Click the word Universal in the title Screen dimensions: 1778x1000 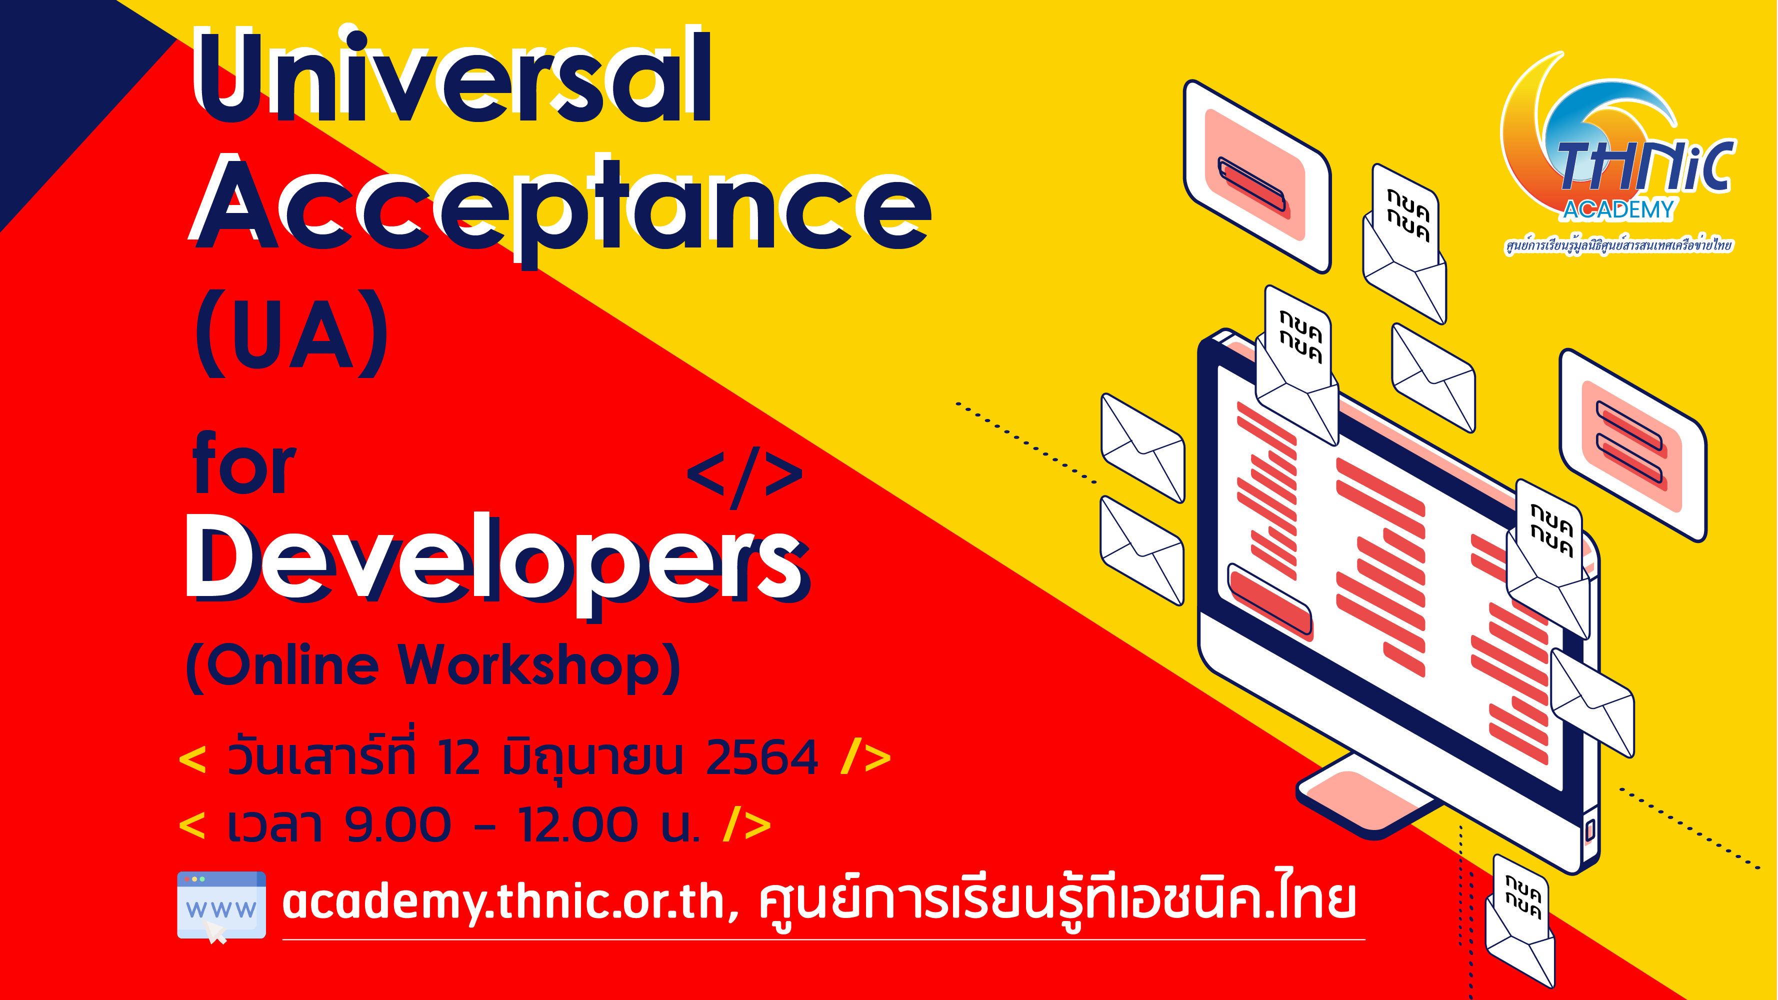tap(452, 76)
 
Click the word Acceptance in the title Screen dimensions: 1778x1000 tap(560, 207)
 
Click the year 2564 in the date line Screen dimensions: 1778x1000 tap(762, 757)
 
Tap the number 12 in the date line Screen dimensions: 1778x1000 tap(458, 757)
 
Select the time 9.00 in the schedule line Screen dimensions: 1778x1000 tap(398, 824)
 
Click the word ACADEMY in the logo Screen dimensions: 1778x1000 tap(1618, 209)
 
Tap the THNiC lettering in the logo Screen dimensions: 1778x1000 tap(1645, 165)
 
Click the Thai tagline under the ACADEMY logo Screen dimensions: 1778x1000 tap(1618, 245)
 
